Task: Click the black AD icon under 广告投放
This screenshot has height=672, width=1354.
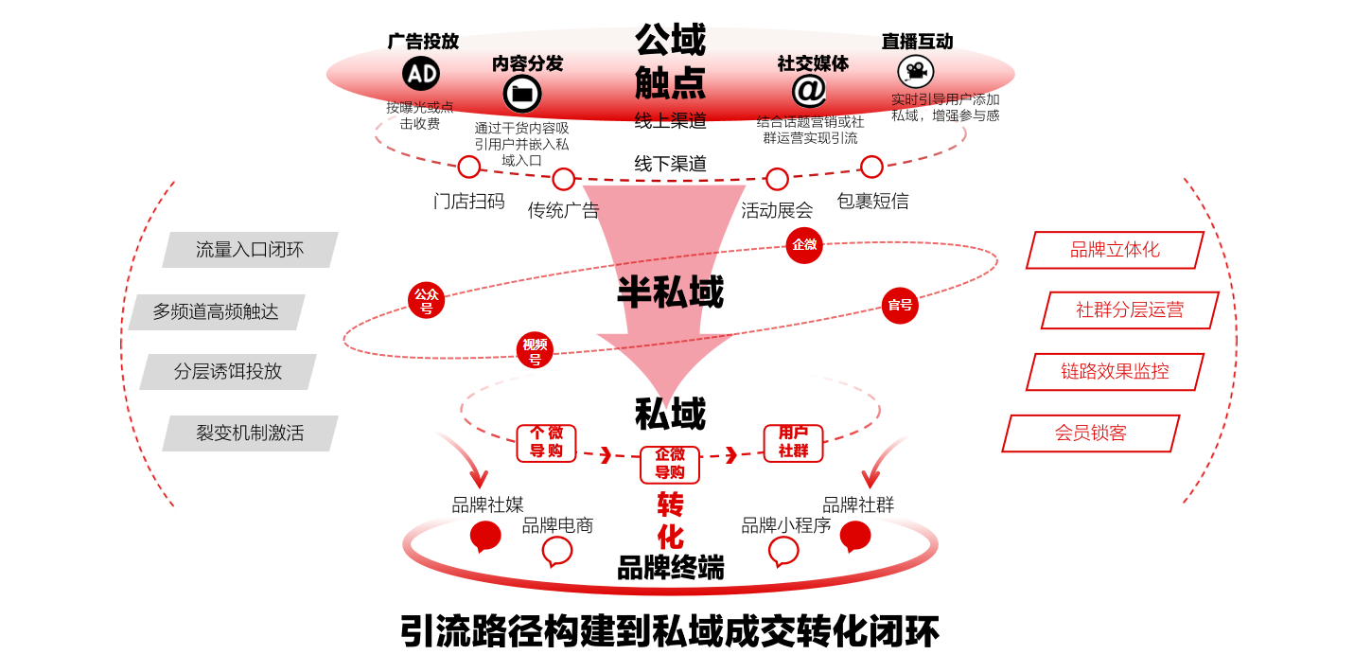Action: [421, 73]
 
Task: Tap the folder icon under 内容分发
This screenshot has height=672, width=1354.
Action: [522, 94]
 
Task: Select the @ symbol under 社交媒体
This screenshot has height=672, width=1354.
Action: [809, 91]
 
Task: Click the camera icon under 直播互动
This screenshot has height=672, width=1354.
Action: [915, 72]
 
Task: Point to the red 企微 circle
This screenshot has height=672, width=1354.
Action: [804, 245]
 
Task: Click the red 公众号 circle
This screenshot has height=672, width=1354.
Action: [426, 300]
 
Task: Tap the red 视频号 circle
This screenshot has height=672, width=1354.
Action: [535, 350]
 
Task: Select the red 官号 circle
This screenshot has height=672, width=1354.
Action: [900, 306]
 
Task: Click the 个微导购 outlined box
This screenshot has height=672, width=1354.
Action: [546, 443]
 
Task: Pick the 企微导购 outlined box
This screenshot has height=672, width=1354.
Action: [670, 464]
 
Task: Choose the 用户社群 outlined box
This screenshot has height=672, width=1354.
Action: [793, 443]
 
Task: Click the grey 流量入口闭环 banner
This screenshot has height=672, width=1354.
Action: [250, 250]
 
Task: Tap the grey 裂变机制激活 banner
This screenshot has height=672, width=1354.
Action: [250, 433]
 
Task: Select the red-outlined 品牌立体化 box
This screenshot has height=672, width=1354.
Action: [1115, 250]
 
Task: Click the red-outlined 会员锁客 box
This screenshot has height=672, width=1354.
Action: [1090, 433]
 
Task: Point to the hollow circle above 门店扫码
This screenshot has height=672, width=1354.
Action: [469, 168]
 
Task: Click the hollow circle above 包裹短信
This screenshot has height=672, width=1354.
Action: [871, 168]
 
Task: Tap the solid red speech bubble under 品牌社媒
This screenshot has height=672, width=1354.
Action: [485, 536]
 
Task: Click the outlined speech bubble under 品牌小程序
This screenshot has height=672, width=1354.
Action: [783, 551]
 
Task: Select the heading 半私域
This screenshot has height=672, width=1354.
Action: [670, 292]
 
